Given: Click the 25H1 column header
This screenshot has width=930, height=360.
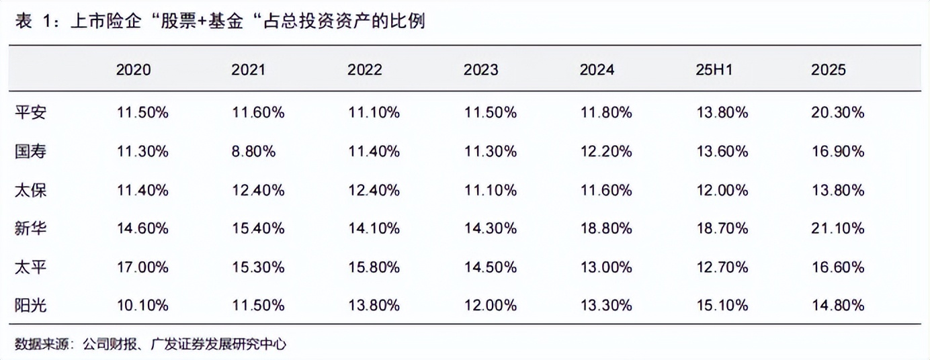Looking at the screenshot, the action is (714, 70).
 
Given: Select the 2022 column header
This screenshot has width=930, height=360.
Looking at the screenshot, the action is (364, 70).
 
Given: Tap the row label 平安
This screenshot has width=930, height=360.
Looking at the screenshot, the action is (30, 112).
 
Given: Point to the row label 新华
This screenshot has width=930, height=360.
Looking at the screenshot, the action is (30, 228).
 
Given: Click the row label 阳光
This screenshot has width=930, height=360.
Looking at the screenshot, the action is (30, 306).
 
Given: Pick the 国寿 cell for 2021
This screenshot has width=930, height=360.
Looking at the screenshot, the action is (253, 151).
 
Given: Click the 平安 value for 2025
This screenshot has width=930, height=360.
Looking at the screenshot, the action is (838, 112).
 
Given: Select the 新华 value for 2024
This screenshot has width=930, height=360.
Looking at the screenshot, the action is (606, 228).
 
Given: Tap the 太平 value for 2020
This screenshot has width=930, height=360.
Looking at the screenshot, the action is (142, 267).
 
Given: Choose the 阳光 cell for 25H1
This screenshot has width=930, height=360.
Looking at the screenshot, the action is (722, 306).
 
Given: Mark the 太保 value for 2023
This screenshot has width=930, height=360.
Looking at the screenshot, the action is (491, 190).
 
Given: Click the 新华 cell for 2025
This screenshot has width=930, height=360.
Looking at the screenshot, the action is (838, 228).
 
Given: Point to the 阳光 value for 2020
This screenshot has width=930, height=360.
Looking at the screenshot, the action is (142, 306).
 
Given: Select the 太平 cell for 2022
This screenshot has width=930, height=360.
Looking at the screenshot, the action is (374, 267).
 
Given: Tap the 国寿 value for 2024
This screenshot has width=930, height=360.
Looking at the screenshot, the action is (606, 151).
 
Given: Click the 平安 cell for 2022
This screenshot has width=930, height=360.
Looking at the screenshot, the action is (374, 112).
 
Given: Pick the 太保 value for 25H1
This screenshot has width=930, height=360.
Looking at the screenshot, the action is (722, 190).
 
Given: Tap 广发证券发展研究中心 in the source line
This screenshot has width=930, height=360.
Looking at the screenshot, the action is (218, 344).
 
